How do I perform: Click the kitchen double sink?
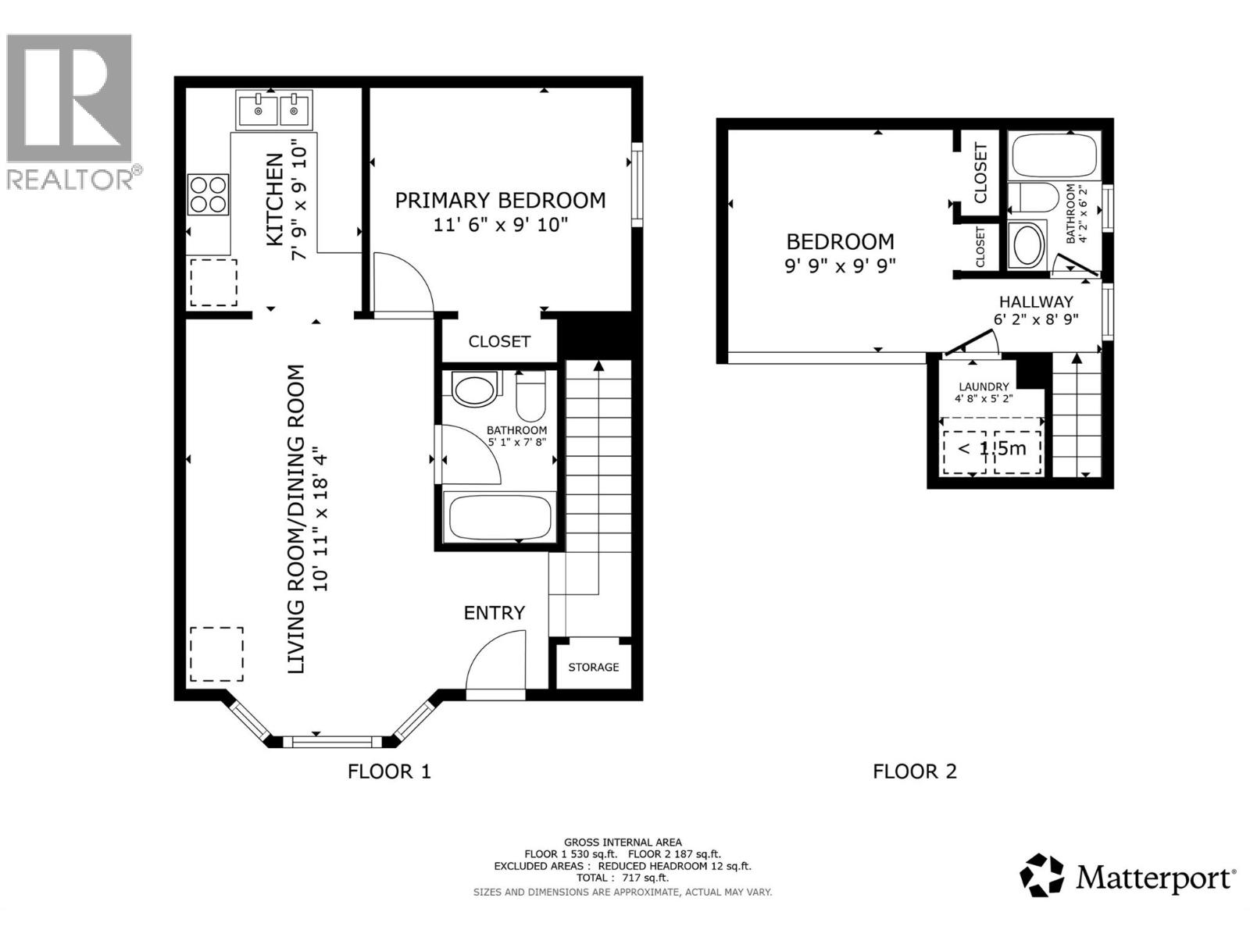click(273, 110)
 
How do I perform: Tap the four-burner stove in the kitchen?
click(208, 194)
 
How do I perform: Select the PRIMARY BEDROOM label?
click(500, 201)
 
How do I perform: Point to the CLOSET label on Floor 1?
click(499, 341)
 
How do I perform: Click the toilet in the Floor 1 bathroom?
click(530, 395)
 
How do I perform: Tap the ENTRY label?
click(494, 613)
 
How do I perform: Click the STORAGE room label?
click(594, 667)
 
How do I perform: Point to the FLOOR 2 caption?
click(914, 771)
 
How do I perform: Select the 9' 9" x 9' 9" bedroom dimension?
click(840, 265)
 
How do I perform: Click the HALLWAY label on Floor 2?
click(1036, 301)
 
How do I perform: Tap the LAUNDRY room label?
click(984, 387)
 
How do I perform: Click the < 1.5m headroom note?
click(991, 448)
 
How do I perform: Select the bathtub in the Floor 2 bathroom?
click(1053, 155)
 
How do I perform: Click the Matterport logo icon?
click(1042, 875)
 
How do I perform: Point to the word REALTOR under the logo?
click(70, 179)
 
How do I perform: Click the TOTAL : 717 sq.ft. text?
click(623, 878)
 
